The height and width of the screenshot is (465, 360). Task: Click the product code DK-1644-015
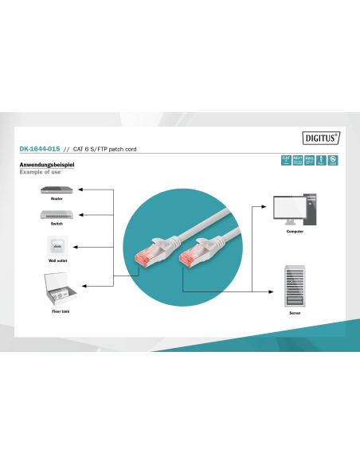pos(37,149)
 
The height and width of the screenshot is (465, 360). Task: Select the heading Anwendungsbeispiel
pos(46,165)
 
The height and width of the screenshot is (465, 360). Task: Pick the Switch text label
pos(57,224)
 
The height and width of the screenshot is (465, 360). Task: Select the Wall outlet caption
pos(57,260)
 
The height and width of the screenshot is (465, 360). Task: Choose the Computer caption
pos(295,231)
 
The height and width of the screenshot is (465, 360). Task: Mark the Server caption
pos(295,314)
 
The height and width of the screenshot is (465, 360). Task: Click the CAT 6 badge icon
pos(286,160)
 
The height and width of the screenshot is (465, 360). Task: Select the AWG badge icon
pos(309,160)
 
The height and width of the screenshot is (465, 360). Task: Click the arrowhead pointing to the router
pos(84,190)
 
